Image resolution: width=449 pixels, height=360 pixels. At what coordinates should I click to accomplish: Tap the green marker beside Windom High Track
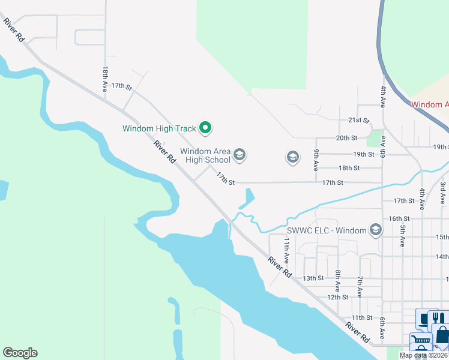205,127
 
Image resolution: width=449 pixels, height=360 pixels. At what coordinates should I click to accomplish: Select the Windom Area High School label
205,156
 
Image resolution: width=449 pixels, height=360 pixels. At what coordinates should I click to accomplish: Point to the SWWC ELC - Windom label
326,230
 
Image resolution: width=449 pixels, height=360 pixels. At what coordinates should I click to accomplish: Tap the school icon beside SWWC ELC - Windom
375,230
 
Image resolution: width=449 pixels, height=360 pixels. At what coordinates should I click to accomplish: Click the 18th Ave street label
105,79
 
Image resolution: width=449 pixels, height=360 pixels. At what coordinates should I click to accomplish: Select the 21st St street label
358,121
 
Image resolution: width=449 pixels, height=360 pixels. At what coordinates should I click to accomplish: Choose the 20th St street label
346,138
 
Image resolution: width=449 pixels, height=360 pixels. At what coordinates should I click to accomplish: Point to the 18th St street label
349,168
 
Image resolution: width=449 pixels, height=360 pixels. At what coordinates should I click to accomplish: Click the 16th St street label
399,219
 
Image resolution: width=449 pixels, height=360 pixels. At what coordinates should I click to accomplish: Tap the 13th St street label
313,278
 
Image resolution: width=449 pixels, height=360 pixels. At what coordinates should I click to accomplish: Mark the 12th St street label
337,297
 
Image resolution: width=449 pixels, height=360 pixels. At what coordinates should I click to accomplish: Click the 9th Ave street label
316,157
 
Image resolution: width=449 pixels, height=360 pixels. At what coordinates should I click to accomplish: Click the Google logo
20,353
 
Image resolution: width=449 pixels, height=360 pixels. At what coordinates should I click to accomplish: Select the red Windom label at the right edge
429,104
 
